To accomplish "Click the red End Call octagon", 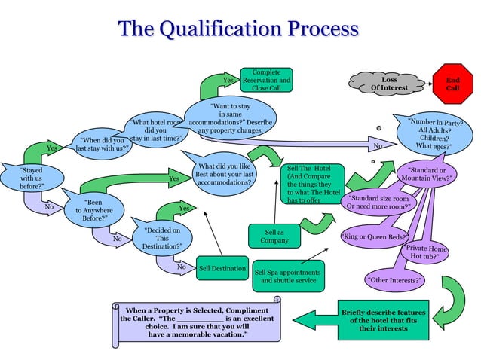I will point(452,83).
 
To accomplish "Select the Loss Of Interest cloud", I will point(389,83).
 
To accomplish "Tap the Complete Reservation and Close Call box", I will point(266,80).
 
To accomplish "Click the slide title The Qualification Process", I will point(238,29).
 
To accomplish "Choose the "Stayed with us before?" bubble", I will point(31,178).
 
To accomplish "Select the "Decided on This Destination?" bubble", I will point(162,238).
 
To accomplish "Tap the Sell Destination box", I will point(222,268).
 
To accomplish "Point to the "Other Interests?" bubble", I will point(395,281).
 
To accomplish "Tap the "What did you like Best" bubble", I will point(224,172).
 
